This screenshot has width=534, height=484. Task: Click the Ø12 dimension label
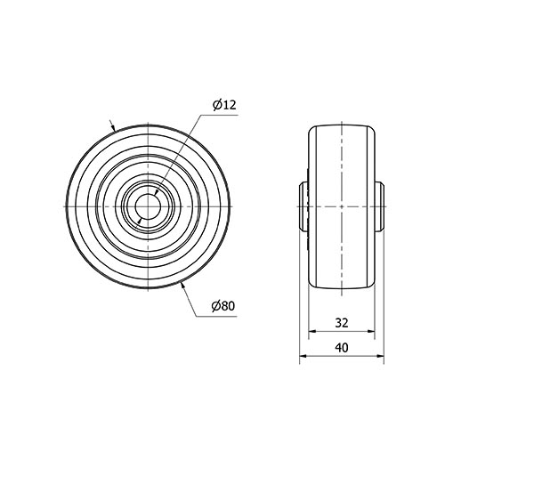(x=224, y=105)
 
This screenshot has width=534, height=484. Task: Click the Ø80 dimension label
(x=223, y=306)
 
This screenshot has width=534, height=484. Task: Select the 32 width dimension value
(x=342, y=323)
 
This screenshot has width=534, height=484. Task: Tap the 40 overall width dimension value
(x=342, y=348)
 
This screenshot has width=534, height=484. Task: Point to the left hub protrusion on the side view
(x=303, y=206)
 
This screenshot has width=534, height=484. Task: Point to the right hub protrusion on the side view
(x=379, y=206)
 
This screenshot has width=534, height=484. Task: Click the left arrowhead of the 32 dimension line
(x=312, y=331)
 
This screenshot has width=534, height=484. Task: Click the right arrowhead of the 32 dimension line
(x=371, y=331)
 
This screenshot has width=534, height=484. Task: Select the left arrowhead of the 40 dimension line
(x=303, y=356)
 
